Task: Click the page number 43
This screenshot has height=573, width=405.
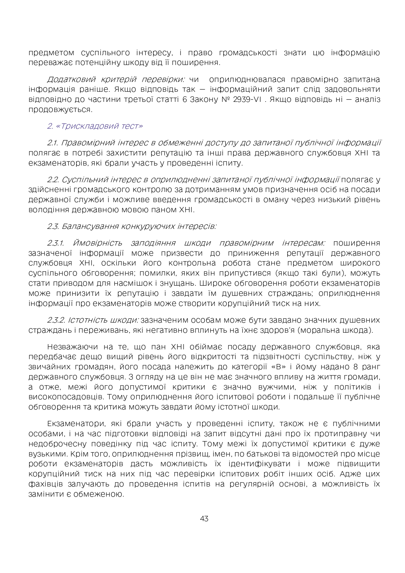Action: point(204,518)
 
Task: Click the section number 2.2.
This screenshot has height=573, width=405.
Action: point(53,180)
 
